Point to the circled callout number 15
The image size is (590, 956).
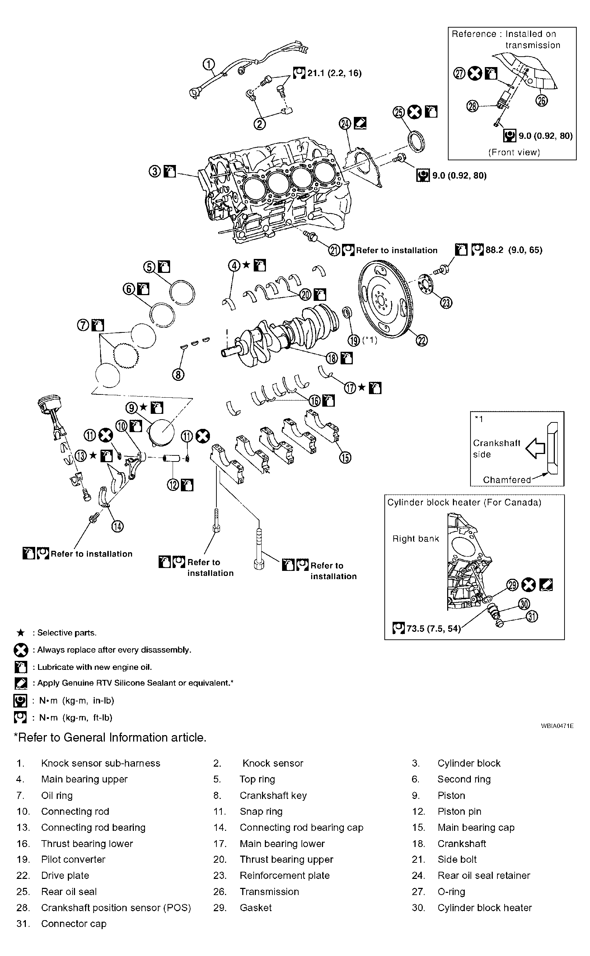coord(345,457)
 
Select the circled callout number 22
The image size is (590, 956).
coord(422,340)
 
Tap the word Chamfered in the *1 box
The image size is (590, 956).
coord(507,479)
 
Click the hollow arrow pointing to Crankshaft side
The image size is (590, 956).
coord(535,448)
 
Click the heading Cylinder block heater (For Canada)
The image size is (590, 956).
coord(464,502)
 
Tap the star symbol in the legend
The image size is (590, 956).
coord(21,633)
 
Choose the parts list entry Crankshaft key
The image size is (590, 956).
coord(273,795)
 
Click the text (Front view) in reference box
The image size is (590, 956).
coord(514,152)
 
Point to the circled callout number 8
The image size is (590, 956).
coord(178,375)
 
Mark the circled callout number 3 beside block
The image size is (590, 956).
coord(155,171)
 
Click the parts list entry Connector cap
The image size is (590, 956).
coord(74,924)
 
